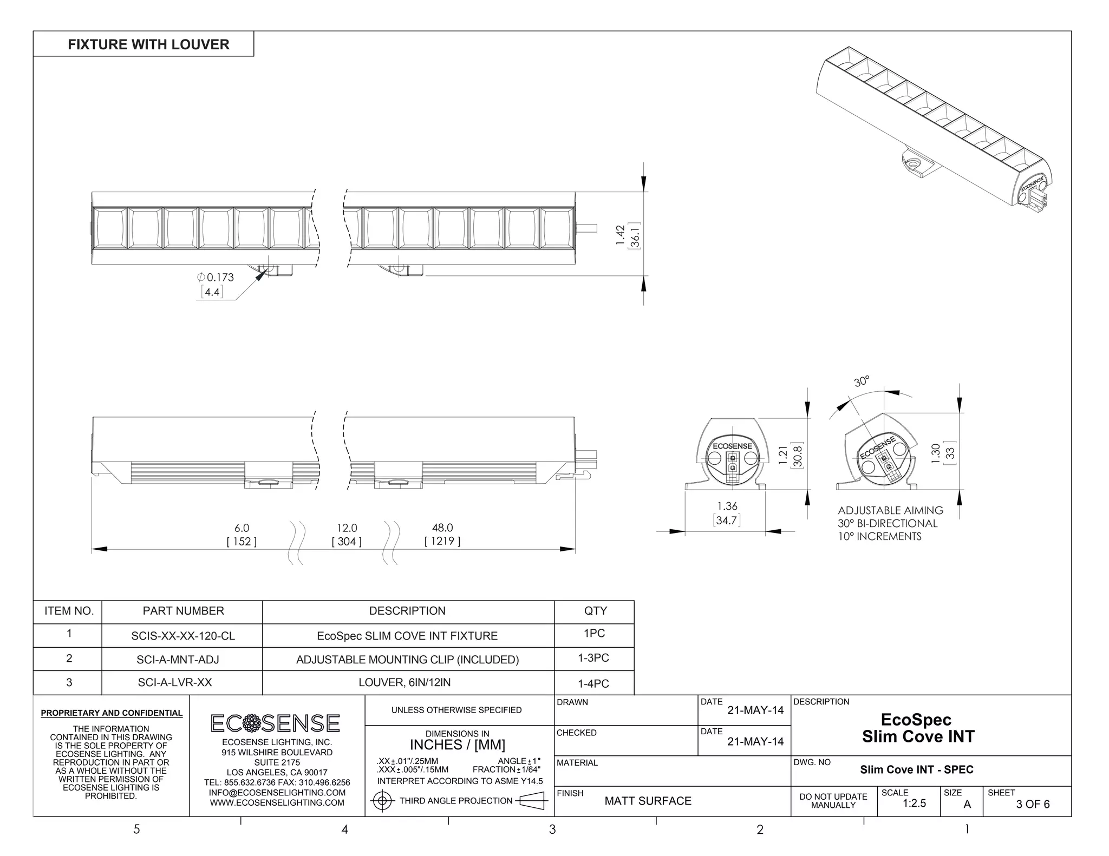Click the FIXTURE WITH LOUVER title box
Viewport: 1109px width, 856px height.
pyautogui.click(x=143, y=44)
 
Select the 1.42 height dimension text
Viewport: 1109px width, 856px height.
pyautogui.click(x=621, y=235)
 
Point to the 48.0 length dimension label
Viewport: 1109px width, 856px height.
pyautogui.click(x=442, y=528)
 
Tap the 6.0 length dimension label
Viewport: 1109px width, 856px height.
pyautogui.click(x=242, y=528)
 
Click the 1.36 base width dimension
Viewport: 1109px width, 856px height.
pyautogui.click(x=727, y=506)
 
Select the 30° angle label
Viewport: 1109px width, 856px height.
pyautogui.click(x=862, y=381)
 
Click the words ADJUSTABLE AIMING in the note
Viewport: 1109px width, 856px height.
pyautogui.click(x=890, y=510)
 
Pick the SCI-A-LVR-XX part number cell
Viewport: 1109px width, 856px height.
pyautogui.click(x=175, y=682)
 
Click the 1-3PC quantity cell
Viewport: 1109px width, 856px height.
pyautogui.click(x=593, y=658)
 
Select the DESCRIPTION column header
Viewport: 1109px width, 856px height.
pyautogui.click(x=407, y=611)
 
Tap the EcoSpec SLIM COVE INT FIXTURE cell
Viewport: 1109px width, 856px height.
pyautogui.click(x=407, y=636)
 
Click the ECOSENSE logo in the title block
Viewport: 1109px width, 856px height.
pyautogui.click(x=275, y=723)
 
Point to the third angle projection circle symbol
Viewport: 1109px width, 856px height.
pyautogui.click(x=382, y=801)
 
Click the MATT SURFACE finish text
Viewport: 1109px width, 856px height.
pyautogui.click(x=648, y=801)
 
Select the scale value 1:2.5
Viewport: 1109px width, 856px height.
pyautogui.click(x=914, y=804)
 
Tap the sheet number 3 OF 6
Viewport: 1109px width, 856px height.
pyautogui.click(x=1033, y=804)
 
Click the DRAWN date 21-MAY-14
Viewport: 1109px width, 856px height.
pyautogui.click(x=755, y=710)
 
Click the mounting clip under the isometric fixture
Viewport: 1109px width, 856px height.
pyautogui.click(x=917, y=164)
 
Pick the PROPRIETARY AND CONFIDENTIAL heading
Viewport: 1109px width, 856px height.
pyautogui.click(x=112, y=713)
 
